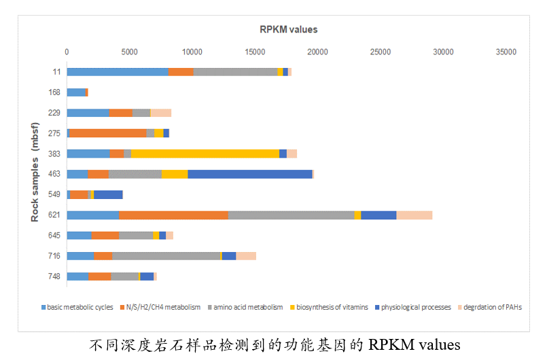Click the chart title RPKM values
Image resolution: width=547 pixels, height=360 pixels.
pos(289,29)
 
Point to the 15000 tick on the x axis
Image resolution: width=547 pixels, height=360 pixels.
pos(255,52)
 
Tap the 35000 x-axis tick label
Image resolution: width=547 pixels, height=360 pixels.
pos(506,52)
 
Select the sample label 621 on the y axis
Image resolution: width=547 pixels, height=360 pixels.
pos(54,215)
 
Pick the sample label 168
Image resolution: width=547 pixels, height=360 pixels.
pos(54,92)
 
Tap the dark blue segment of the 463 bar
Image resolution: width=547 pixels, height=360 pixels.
pos(249,174)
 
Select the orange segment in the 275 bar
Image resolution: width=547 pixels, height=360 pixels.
pos(108,133)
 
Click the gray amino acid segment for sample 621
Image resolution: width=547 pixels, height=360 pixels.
pos(291,215)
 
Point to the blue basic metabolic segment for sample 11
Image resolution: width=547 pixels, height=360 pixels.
pos(117,72)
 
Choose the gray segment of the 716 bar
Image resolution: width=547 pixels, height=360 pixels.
pos(166,256)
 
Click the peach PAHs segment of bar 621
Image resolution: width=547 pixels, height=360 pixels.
pos(414,215)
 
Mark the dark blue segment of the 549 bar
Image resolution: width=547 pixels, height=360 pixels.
pos(108,195)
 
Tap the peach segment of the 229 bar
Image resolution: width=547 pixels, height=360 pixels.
pos(160,113)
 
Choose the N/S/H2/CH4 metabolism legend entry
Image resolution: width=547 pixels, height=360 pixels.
pos(163,307)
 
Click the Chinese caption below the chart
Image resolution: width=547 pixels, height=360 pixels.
pos(275,344)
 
